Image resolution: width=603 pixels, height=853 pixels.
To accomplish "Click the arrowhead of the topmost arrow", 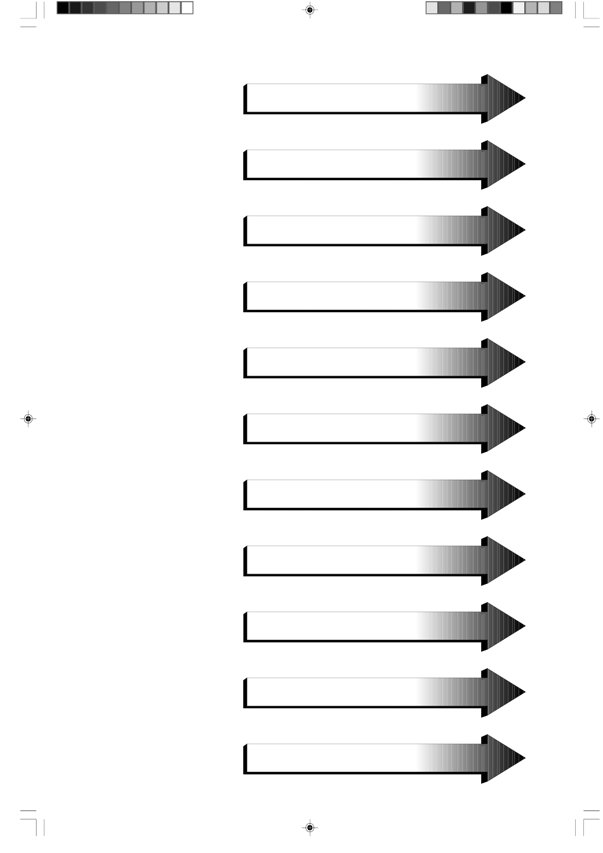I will pyautogui.click(x=505, y=98).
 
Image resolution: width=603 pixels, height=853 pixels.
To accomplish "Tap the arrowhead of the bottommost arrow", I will pyautogui.click(x=505, y=758).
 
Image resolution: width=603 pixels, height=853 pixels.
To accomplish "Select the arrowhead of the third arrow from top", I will pyautogui.click(x=505, y=230).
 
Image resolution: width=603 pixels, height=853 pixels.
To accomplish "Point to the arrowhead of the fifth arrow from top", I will pyautogui.click(x=505, y=362).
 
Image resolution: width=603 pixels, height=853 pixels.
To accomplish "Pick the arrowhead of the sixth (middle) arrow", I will pyautogui.click(x=505, y=428).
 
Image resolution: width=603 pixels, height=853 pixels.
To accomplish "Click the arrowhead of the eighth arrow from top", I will pyautogui.click(x=505, y=560).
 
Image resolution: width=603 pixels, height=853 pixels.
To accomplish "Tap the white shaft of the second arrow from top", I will pyautogui.click(x=330, y=164).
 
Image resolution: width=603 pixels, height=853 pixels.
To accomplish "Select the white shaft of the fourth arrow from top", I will pyautogui.click(x=330, y=296).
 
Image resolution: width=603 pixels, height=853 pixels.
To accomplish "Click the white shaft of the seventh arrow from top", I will pyautogui.click(x=330, y=494).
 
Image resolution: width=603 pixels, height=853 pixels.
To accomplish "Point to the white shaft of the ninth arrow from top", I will pyautogui.click(x=330, y=626).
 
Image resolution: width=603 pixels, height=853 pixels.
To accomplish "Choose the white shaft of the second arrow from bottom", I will pyautogui.click(x=330, y=692).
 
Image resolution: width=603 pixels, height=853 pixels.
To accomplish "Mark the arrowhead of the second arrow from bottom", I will pyautogui.click(x=505, y=692).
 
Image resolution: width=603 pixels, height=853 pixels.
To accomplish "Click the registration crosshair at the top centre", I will pyautogui.click(x=309, y=10).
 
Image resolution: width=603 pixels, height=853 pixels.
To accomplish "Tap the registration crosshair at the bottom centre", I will pyautogui.click(x=309, y=827).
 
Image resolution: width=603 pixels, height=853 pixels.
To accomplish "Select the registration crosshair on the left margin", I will pyautogui.click(x=28, y=419).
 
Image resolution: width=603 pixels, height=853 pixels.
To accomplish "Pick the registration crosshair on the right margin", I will pyautogui.click(x=590, y=419).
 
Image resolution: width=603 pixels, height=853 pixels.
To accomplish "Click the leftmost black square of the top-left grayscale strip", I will pyautogui.click(x=62, y=8).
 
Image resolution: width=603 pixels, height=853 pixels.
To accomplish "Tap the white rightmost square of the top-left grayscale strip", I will pyautogui.click(x=187, y=8).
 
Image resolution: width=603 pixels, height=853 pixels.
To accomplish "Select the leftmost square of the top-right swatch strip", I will pyautogui.click(x=431, y=8).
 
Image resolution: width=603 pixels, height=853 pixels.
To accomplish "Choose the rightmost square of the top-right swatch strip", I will pyautogui.click(x=556, y=8).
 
